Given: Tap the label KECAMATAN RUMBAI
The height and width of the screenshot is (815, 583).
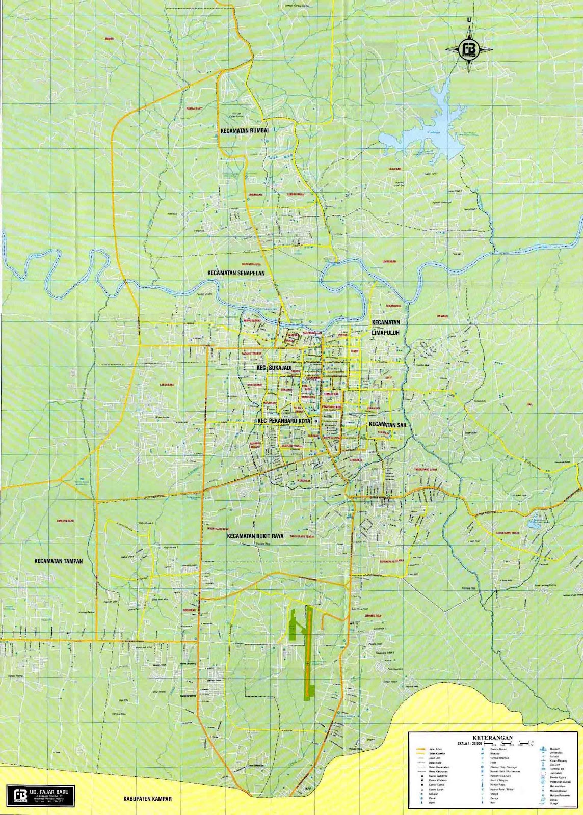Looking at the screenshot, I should click(244, 131).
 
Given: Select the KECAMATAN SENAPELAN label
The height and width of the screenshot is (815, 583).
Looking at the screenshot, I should click(236, 274).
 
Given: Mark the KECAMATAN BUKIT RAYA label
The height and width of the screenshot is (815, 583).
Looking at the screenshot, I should click(255, 536).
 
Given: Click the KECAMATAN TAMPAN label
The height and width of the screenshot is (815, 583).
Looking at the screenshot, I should click(58, 561).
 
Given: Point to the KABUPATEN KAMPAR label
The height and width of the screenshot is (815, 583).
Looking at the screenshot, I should click(147, 799).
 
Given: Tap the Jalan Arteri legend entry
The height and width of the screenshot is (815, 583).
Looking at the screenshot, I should click(435, 749).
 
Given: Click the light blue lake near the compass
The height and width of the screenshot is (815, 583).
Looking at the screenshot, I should click(433, 125).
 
